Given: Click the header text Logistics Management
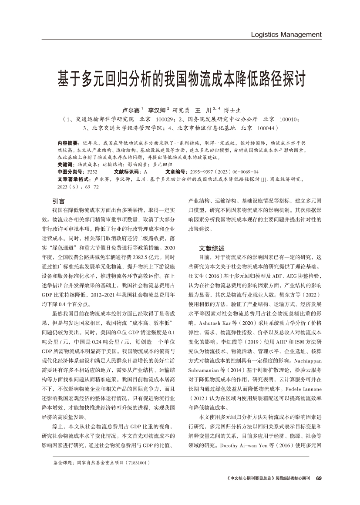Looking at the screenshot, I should pos(286,34).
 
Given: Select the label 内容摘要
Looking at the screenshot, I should pos(67,143).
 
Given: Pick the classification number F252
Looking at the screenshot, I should pos(92,172).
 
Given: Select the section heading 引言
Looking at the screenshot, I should pos(58,201).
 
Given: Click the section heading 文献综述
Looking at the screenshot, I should pos(212,248).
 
